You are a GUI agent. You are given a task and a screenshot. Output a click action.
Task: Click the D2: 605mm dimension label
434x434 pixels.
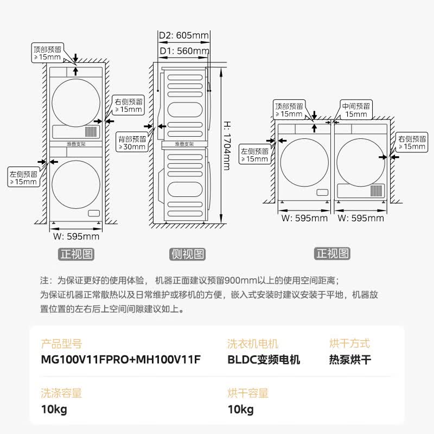pos(183,36)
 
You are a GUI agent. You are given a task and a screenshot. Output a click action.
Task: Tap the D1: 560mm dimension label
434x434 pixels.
pos(183,51)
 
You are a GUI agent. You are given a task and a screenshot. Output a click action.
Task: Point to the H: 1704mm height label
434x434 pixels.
pos(227,144)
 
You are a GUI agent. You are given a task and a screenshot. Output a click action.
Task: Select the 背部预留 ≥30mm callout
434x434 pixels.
pos(132,143)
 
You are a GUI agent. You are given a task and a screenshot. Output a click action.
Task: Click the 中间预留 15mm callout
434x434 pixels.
pos(356,110)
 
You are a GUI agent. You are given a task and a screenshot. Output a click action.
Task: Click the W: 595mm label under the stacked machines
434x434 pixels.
pos(76,237)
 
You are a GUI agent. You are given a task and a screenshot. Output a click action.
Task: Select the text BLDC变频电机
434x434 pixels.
pos(264,360)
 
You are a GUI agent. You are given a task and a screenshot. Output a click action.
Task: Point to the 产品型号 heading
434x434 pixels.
pos(61,343)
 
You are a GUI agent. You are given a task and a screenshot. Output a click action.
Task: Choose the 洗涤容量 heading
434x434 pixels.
pos(61,393)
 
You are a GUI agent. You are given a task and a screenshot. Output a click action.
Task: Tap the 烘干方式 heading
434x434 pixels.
pos(349,343)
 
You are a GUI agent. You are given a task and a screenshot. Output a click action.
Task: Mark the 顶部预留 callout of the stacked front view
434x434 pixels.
pos(47,53)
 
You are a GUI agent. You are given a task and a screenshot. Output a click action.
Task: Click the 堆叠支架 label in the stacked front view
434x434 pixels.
pos(76,144)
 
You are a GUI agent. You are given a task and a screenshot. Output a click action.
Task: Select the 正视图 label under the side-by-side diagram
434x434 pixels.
pos(333,253)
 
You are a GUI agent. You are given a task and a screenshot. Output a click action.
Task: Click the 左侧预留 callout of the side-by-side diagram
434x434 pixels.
pos(254,155)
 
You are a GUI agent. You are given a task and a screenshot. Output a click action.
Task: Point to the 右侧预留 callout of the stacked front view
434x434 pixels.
pos(128,105)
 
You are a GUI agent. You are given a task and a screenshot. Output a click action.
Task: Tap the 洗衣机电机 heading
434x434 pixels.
pos(253,343)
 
